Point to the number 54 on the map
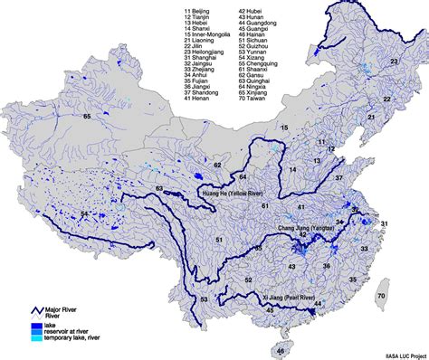(85, 213)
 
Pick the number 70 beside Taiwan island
(381, 296)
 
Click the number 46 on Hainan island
(281, 350)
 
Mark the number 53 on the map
(204, 298)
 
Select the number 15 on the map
(282, 129)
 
